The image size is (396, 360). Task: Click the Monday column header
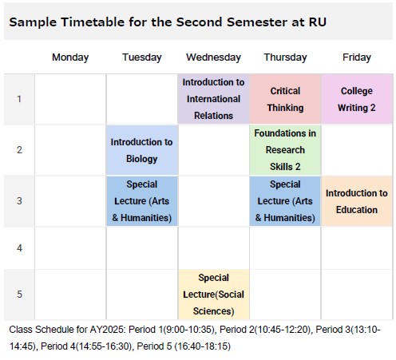(70, 57)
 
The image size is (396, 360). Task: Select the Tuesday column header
(142, 57)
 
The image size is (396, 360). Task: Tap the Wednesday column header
(213, 57)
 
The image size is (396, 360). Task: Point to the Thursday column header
(285, 57)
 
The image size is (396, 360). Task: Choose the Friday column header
(357, 57)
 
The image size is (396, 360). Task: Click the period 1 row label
(19, 99)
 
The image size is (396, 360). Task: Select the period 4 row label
(19, 248)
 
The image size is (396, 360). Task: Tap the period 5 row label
(19, 295)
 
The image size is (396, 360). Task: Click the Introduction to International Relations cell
(213, 99)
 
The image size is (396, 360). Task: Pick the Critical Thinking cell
(285, 99)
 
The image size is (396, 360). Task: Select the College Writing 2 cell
(357, 99)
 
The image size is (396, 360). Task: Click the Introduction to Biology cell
(142, 150)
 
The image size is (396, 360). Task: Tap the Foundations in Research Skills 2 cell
(285, 150)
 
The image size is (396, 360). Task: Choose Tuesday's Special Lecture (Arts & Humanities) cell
(142, 201)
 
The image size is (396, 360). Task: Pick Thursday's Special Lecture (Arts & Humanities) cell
(285, 201)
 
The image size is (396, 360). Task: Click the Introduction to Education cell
(357, 201)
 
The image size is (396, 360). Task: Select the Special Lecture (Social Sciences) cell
(213, 295)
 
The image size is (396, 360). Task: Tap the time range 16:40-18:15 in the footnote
(202, 346)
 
